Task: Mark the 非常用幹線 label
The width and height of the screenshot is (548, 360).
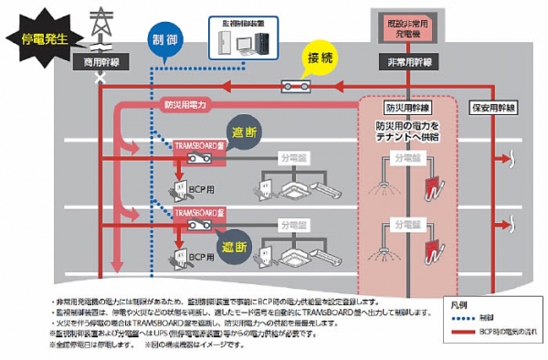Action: [x=405, y=61]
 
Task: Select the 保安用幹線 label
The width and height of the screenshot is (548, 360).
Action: [x=494, y=105]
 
